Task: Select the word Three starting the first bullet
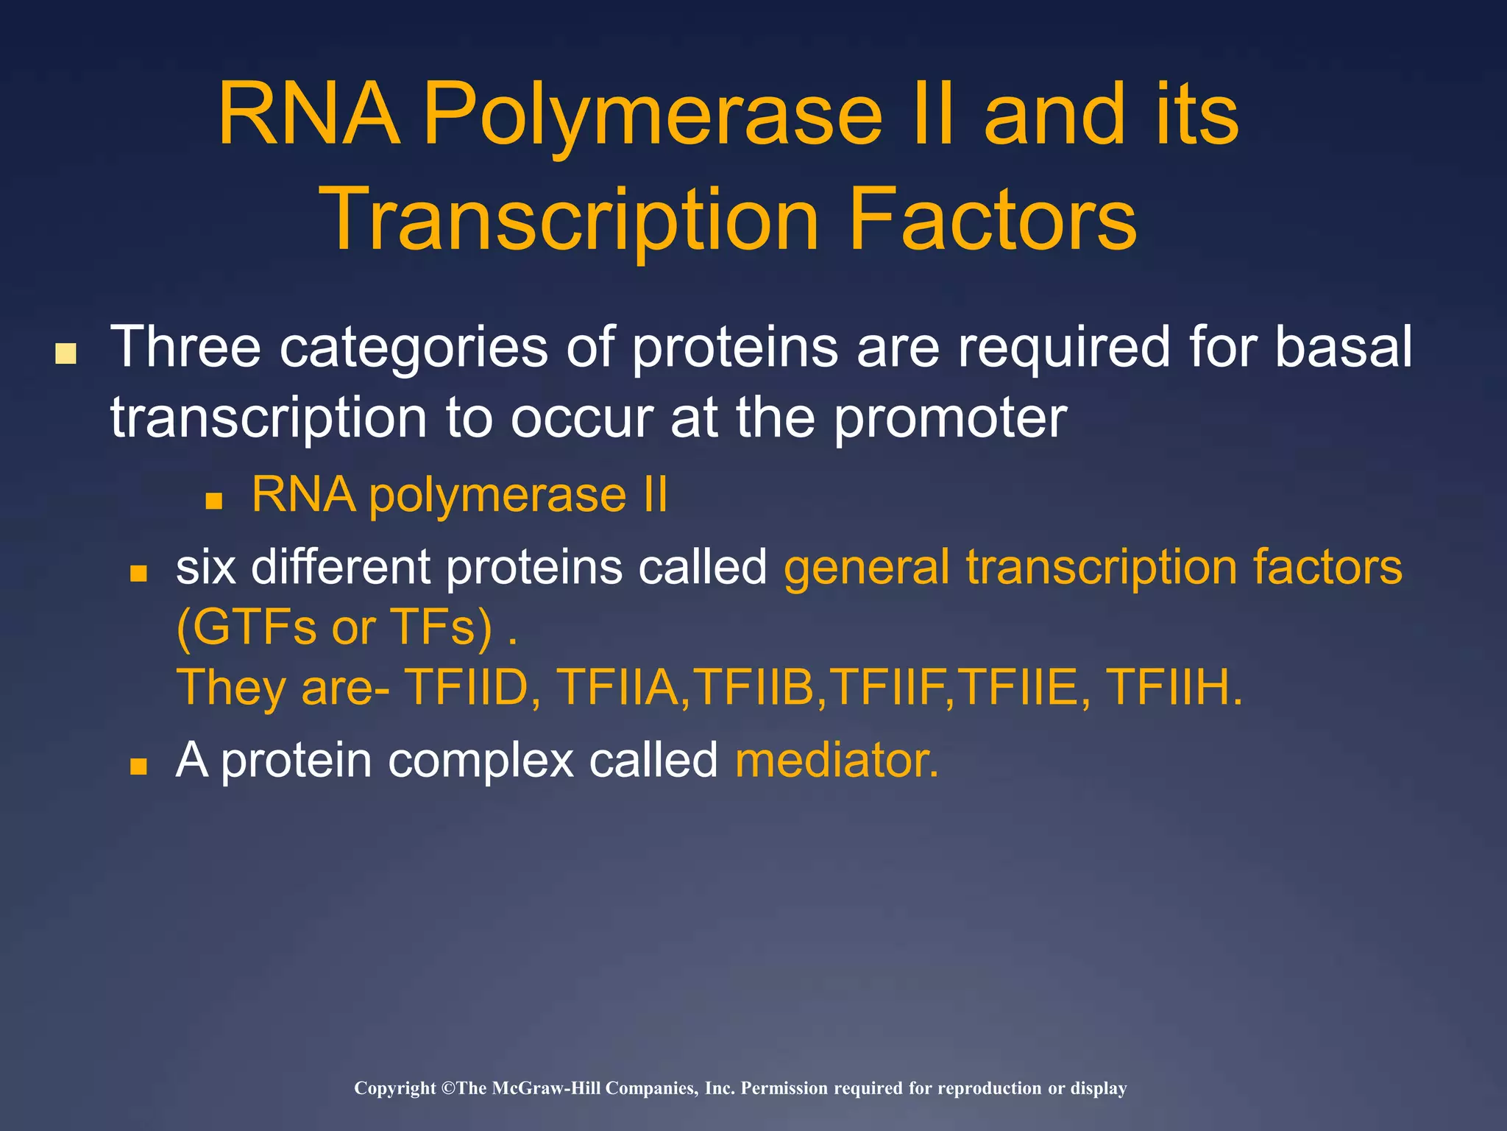(185, 347)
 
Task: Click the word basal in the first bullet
(1343, 347)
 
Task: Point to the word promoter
(950, 418)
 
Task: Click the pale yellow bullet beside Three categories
(66, 354)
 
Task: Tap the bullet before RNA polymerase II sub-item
(213, 502)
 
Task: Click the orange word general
(867, 568)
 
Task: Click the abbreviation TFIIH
(1173, 687)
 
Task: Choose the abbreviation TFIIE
(1020, 687)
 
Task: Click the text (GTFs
(246, 627)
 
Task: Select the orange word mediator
(837, 760)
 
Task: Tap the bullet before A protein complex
(138, 767)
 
